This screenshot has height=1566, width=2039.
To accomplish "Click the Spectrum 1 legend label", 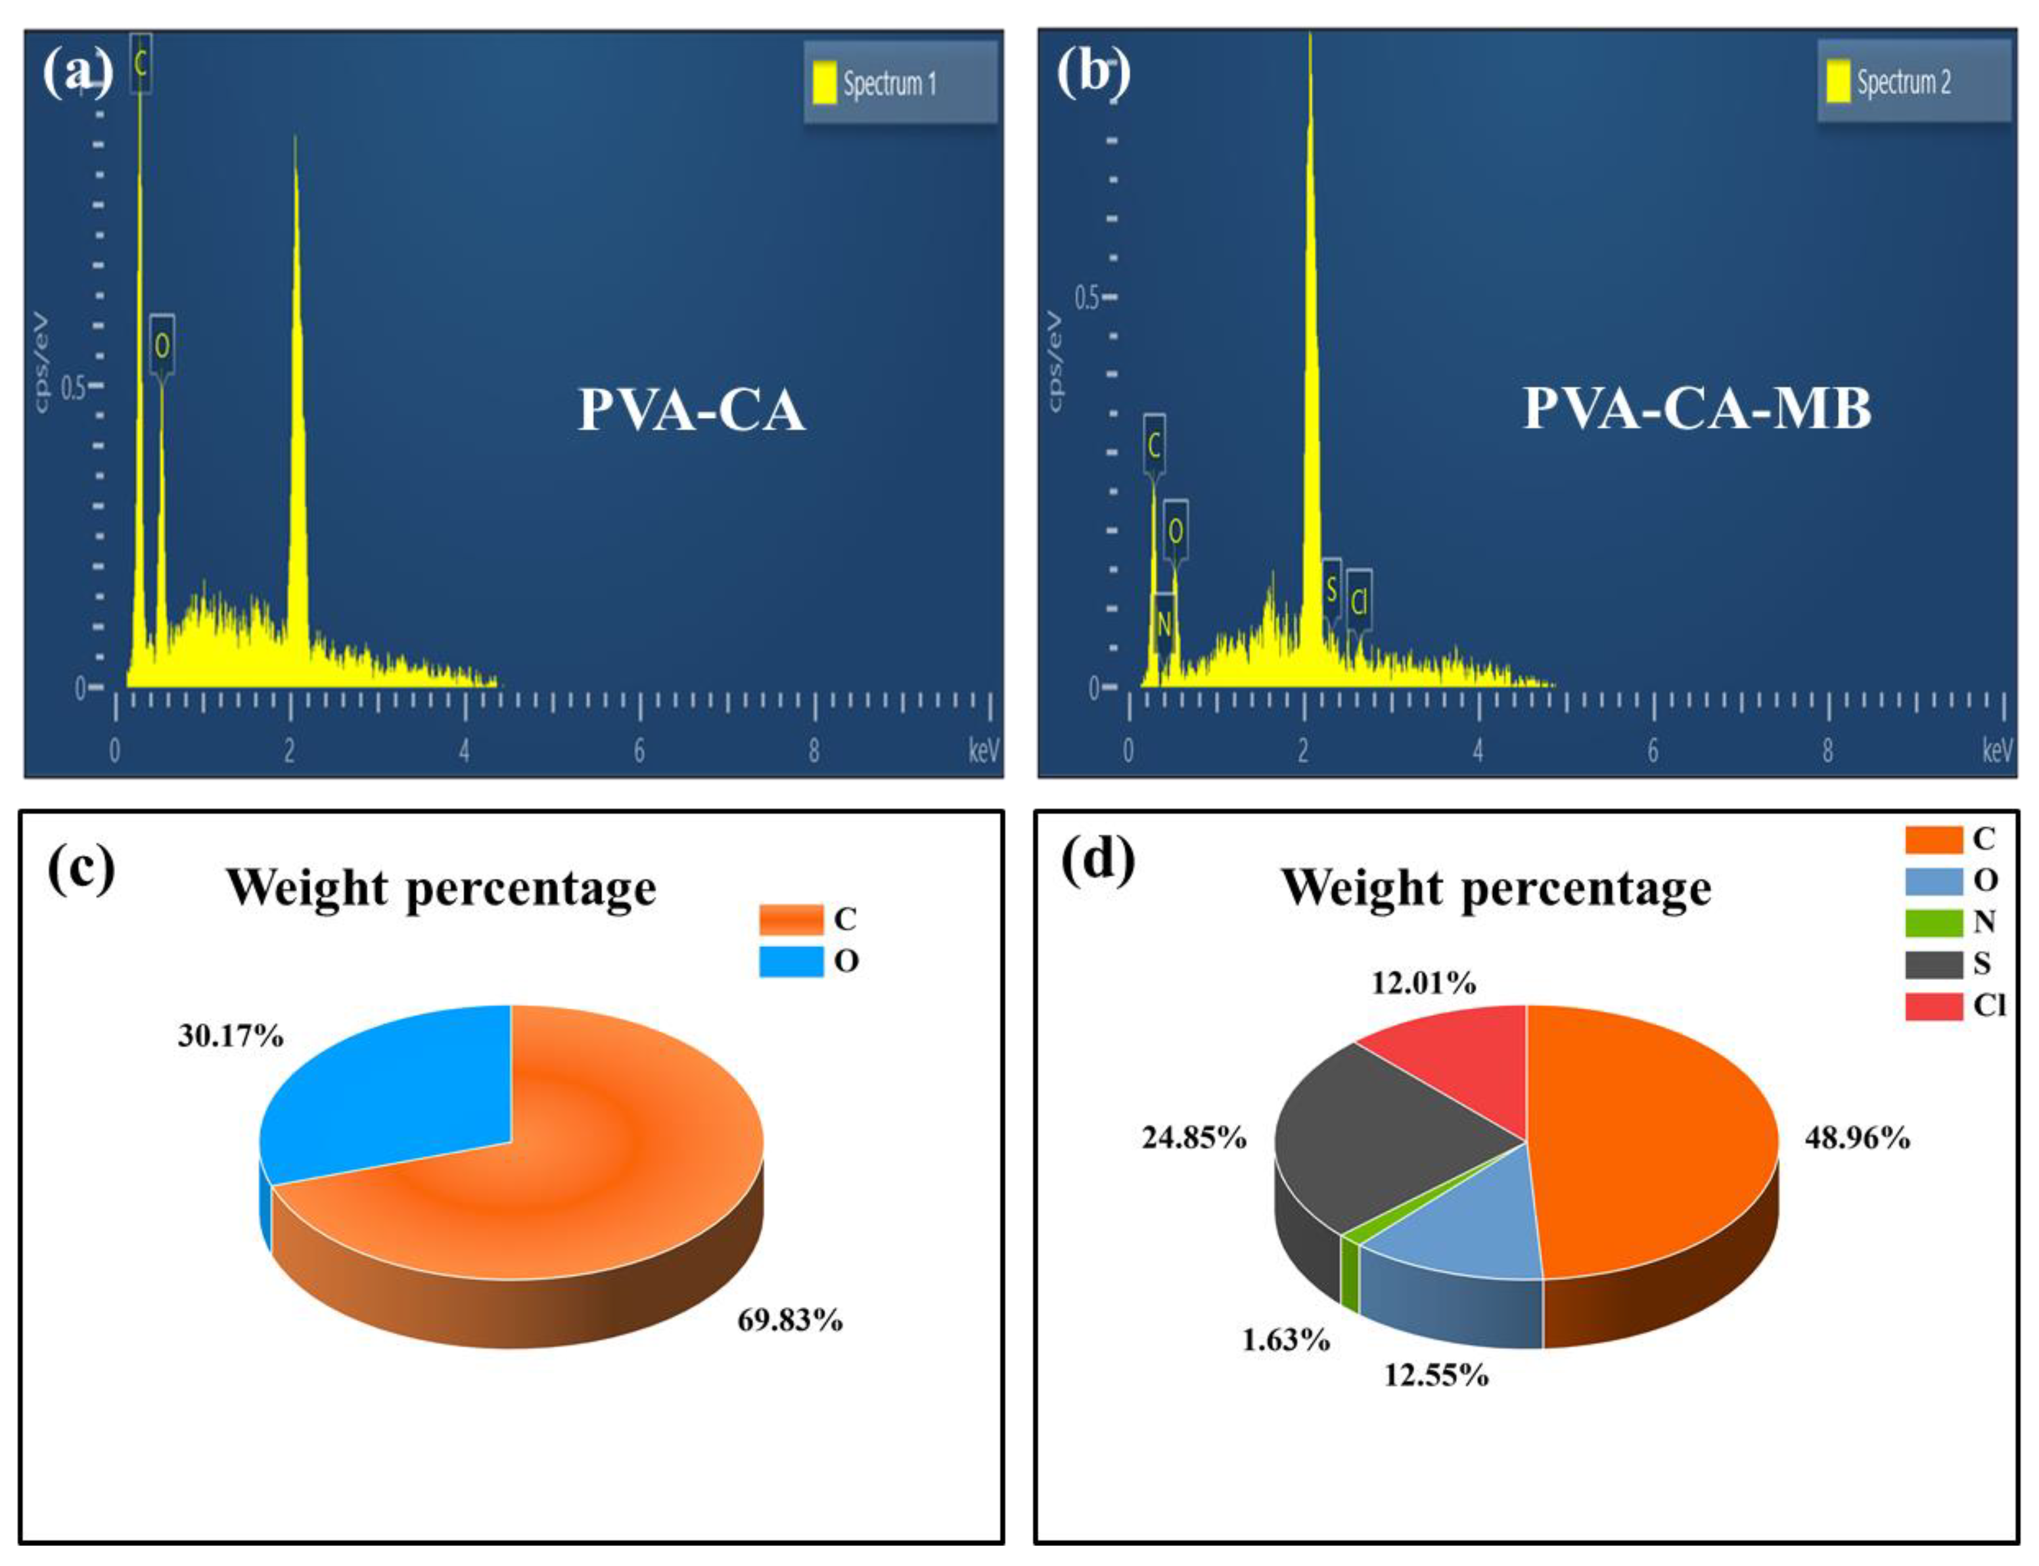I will coord(889,84).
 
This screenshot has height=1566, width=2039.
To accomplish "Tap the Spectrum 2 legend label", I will coord(1903,82).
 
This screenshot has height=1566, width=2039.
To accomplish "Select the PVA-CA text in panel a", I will coord(691,409).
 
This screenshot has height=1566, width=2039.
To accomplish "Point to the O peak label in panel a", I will coord(162,346).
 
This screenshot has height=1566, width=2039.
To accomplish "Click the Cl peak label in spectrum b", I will coord(1359,602).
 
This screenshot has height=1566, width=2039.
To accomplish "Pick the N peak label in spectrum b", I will coord(1163,624).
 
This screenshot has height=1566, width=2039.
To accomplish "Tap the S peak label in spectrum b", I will coord(1332,589).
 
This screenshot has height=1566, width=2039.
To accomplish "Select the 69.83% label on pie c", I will coord(790,1320).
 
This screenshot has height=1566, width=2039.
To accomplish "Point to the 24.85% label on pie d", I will coord(1194,1138).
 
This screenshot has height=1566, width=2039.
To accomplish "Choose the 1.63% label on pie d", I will coord(1285,1339).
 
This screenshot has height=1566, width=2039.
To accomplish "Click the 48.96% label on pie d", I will coord(1857,1138).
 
